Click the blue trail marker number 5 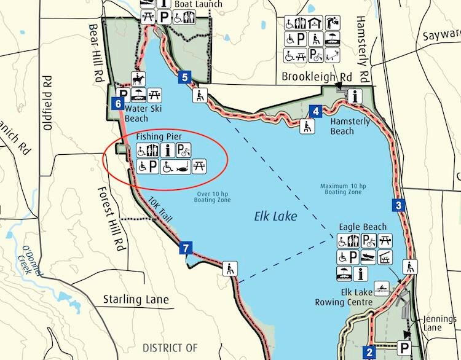[x=185, y=77]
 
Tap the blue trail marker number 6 [x=118, y=104]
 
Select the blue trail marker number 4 [x=315, y=111]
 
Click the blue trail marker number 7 [x=186, y=249]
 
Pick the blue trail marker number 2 [x=369, y=352]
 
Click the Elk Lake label [x=275, y=217]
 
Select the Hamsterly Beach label [x=351, y=127]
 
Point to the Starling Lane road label [x=135, y=300]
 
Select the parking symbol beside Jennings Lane [x=406, y=347]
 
